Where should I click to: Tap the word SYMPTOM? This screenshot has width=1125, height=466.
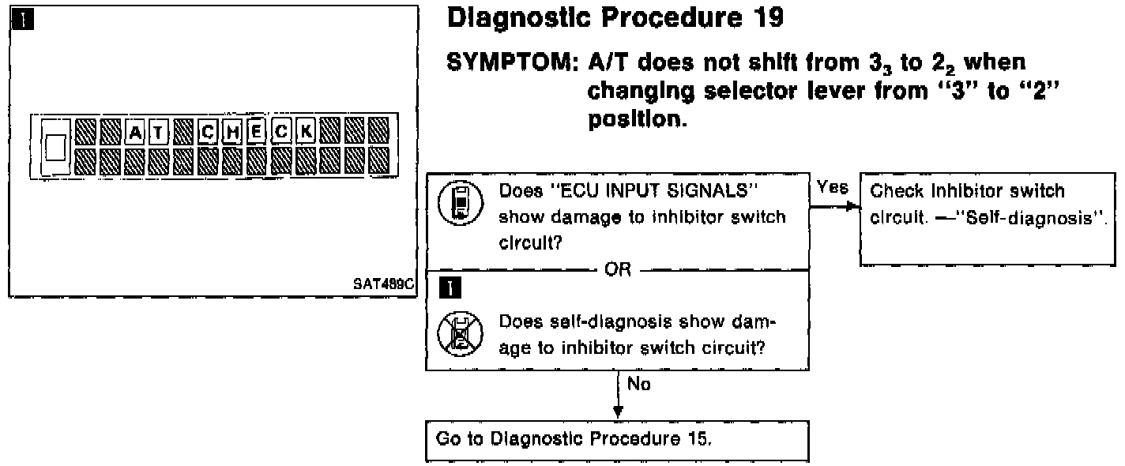pyautogui.click(x=509, y=62)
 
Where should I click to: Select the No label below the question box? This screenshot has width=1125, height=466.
pyautogui.click(x=638, y=386)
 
